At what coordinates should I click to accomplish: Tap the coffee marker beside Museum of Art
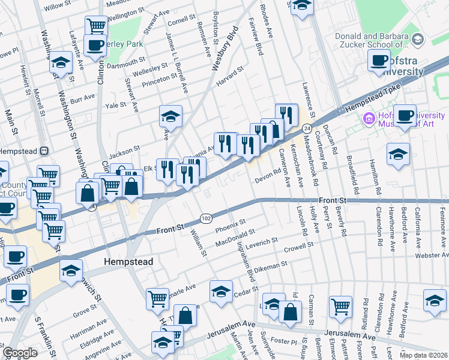405,115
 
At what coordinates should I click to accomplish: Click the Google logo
20,353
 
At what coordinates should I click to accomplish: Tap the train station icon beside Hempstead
44,151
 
